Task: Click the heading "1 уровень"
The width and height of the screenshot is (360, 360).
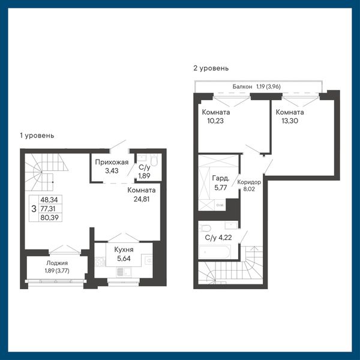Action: pos(37,136)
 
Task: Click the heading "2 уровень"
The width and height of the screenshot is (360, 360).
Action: pos(211,68)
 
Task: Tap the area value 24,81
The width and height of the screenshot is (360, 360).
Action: pos(142,199)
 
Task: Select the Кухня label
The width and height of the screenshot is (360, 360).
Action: pos(124,250)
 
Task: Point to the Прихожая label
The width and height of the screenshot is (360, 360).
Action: pos(112,162)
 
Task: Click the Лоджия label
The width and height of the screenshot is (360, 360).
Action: pos(57,263)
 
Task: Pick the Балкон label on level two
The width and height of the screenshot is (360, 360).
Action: pos(242,86)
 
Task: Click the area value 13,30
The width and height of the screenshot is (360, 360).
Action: pos(290,121)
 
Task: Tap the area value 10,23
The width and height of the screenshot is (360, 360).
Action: pos(215,121)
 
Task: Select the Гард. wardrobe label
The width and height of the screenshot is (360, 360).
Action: pos(221,178)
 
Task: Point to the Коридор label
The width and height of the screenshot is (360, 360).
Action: pos(249,182)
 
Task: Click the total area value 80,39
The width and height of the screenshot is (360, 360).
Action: pos(50,217)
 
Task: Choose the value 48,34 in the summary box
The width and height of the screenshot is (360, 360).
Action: pos(49,200)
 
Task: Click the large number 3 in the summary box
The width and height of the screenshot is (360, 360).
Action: pos(34,209)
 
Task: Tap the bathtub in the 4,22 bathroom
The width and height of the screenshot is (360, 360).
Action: pos(214,252)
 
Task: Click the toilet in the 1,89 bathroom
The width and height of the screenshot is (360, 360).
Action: pos(154,160)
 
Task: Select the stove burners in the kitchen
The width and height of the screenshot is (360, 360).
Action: pos(100,262)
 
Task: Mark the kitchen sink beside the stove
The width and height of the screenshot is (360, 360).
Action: pos(121,272)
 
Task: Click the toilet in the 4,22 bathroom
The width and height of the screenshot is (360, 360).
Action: pos(205,228)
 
